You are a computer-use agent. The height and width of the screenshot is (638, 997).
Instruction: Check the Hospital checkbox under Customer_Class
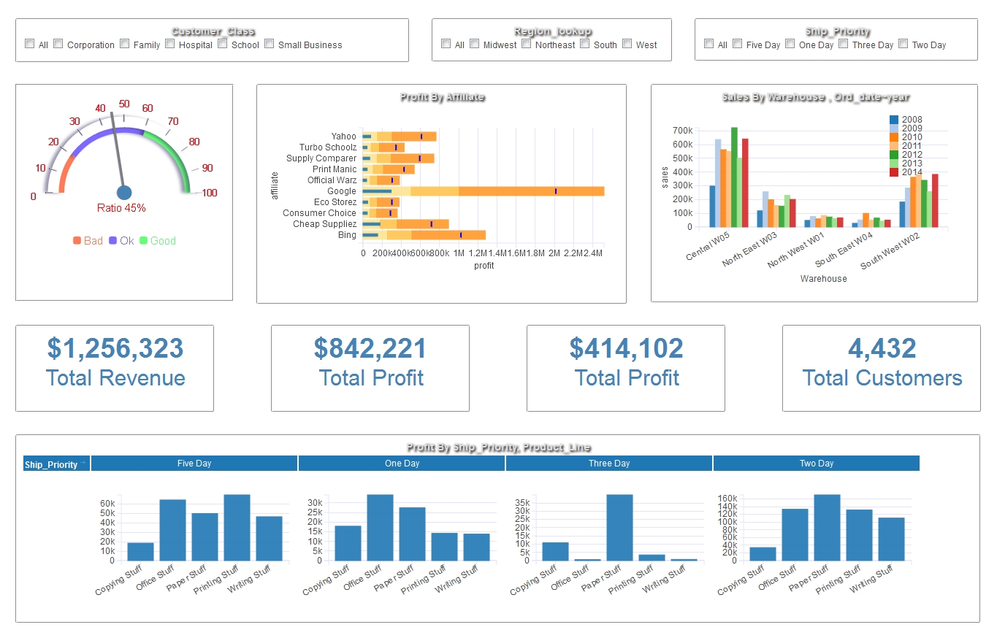pos(170,44)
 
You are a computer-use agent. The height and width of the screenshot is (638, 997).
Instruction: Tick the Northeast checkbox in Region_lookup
pos(530,44)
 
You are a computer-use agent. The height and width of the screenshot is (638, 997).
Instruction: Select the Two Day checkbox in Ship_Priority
pos(904,44)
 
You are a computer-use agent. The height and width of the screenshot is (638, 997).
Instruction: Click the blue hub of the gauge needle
pos(124,193)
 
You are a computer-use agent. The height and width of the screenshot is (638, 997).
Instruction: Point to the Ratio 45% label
pos(121,208)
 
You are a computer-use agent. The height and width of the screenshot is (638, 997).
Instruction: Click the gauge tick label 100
pos(210,193)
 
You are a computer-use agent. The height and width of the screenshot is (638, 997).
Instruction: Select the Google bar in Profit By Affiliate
pos(483,191)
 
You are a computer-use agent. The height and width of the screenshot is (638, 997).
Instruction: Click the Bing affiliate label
pos(347,235)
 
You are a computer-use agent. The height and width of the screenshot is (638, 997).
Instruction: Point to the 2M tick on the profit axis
pos(554,253)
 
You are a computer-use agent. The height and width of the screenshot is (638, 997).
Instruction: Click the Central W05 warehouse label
pos(708,247)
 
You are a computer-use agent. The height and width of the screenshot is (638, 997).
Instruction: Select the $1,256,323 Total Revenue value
pos(115,348)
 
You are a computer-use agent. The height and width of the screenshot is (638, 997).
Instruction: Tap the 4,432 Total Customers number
pos(882,348)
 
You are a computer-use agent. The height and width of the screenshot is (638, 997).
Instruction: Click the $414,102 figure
pos(626,348)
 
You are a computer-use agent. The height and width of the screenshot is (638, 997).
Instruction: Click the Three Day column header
pos(609,464)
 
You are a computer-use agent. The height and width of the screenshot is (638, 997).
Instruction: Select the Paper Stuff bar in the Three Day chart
pos(619,527)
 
